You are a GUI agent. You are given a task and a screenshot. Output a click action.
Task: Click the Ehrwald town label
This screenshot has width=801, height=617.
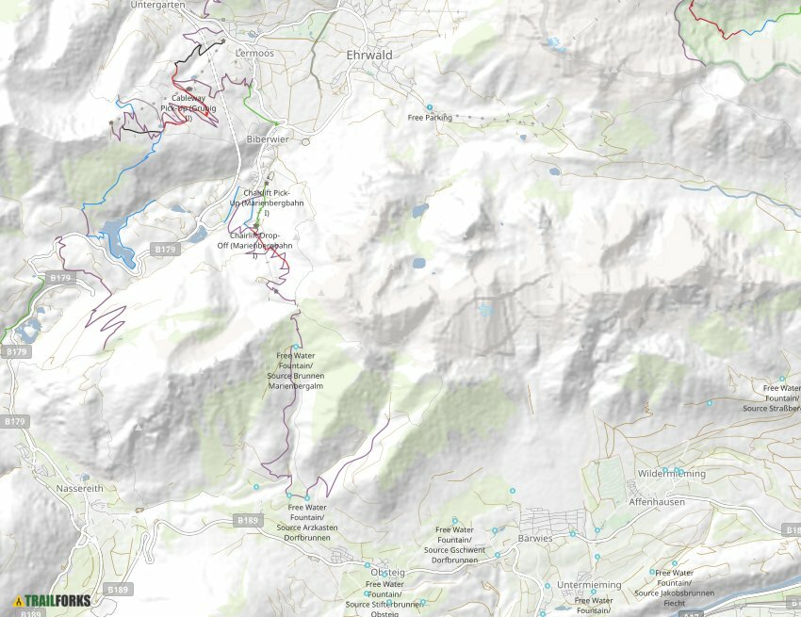tap(369, 56)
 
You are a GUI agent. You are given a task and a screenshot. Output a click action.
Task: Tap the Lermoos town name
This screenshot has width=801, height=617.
tap(254, 54)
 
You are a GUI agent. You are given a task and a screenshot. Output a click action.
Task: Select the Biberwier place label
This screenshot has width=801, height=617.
tap(267, 139)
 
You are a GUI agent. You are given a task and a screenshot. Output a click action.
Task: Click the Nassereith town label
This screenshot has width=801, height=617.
tap(83, 490)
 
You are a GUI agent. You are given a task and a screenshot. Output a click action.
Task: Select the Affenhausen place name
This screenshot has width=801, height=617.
tap(656, 504)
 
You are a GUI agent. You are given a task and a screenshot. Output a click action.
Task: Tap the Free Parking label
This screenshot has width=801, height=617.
tap(430, 118)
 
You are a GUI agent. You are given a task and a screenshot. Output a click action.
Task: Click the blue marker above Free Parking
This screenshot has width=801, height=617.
tap(430, 106)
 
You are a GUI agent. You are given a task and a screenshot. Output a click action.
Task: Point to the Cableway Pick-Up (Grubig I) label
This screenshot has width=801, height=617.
tap(188, 108)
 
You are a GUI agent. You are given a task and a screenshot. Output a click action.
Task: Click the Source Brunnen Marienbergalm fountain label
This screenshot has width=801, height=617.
tap(296, 370)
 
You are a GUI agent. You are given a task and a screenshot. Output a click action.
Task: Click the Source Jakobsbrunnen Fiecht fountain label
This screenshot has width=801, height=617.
tap(674, 588)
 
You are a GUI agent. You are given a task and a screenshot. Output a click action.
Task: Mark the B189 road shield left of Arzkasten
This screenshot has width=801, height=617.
tap(247, 520)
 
